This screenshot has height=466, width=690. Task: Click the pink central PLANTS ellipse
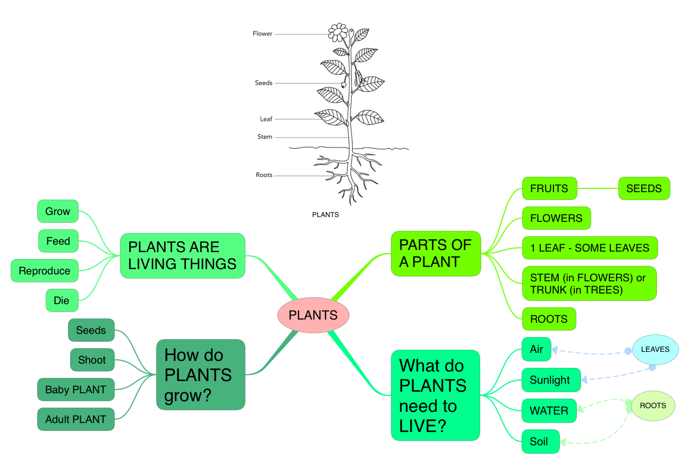click(x=313, y=315)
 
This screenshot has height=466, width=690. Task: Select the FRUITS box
click(x=549, y=188)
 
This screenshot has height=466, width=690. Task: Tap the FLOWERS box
click(x=556, y=218)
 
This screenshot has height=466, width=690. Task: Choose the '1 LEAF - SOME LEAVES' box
click(x=590, y=248)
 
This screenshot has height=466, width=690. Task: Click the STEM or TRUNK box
click(x=589, y=284)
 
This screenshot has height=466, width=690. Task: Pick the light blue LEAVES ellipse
click(x=655, y=349)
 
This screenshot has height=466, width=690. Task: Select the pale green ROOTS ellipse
click(x=653, y=406)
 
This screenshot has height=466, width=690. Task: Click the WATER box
click(x=549, y=411)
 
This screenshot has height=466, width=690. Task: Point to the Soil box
click(x=540, y=442)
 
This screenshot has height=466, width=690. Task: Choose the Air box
click(x=536, y=349)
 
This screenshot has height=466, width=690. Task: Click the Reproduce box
click(x=45, y=271)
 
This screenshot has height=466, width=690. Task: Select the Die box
click(x=61, y=301)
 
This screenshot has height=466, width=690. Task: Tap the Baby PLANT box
click(x=75, y=390)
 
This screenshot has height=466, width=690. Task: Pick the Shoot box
click(x=92, y=360)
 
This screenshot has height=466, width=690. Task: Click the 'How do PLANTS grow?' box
click(x=200, y=375)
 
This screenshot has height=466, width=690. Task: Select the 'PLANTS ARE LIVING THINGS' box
click(x=182, y=255)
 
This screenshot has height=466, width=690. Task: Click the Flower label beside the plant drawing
click(x=262, y=34)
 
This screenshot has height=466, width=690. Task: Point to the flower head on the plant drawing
click(x=337, y=32)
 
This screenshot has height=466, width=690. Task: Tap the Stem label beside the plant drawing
click(x=265, y=137)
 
